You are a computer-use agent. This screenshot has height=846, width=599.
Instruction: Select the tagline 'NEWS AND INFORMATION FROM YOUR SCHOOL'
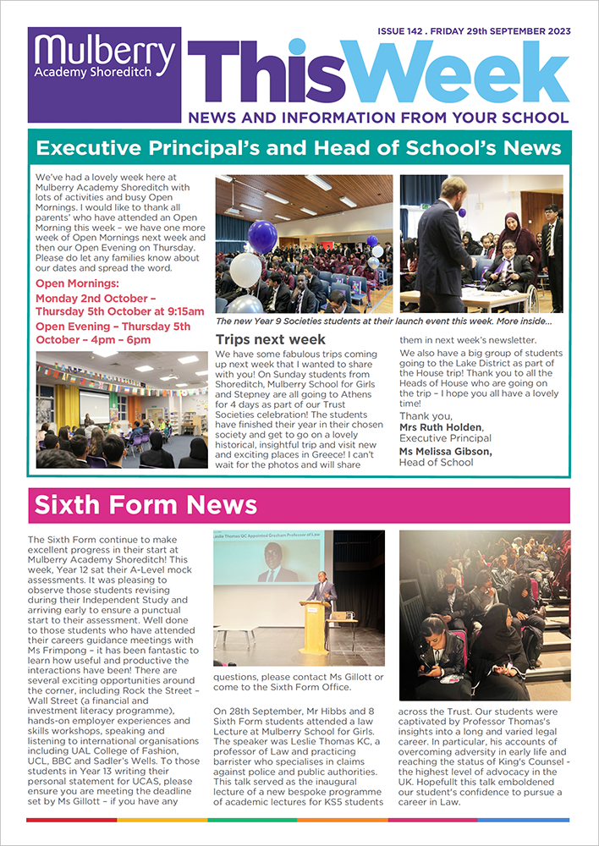378,118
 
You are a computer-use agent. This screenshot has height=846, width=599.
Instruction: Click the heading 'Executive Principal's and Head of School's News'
299,149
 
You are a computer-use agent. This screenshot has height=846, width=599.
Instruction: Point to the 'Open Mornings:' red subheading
77,283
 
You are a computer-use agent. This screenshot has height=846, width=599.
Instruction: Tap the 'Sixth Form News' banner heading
146,506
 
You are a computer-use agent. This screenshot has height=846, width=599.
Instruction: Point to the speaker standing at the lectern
321,593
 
